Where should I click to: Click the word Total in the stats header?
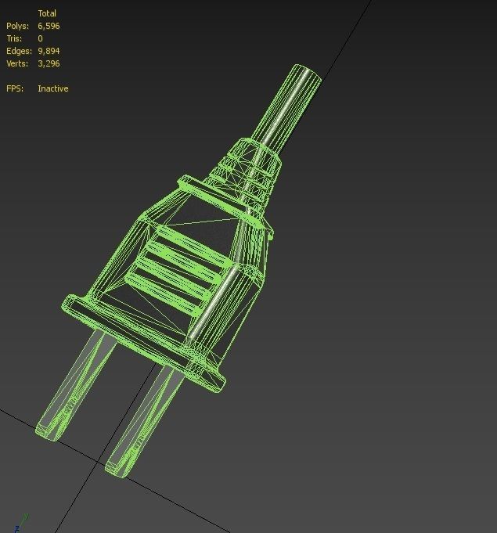pos(47,13)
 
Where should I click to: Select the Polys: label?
pos(17,26)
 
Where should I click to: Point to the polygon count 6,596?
pos(49,26)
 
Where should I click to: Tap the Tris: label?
pos(15,38)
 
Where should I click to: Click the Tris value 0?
pos(40,38)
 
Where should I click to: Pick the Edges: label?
pos(18,51)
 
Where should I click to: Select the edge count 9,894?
pos(49,51)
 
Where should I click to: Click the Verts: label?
pos(17,63)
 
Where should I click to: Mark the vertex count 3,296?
pos(49,63)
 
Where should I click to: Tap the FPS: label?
pos(15,88)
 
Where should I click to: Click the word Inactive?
pos(52,88)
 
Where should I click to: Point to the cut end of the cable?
pos(306,74)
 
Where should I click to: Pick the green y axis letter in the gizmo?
pos(26,517)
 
